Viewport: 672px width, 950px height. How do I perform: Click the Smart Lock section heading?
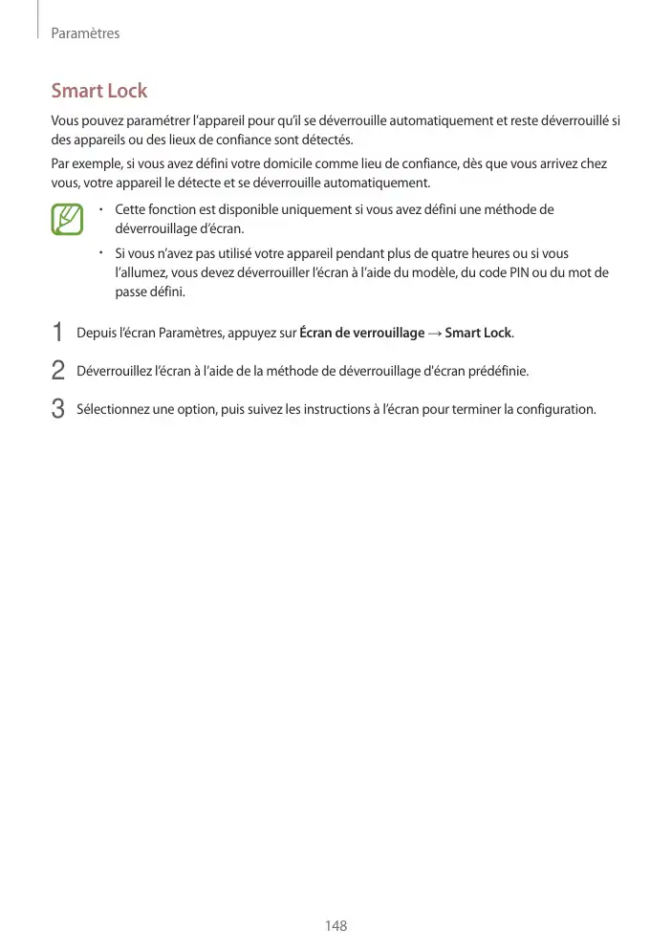[99, 91]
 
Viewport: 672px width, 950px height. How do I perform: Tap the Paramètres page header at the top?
[84, 33]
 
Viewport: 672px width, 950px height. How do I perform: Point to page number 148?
[336, 925]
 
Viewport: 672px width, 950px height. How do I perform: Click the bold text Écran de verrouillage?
[361, 333]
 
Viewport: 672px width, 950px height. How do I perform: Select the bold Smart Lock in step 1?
[478, 333]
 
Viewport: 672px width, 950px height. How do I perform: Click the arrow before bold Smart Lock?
[435, 333]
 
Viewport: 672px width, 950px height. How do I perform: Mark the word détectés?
[327, 139]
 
